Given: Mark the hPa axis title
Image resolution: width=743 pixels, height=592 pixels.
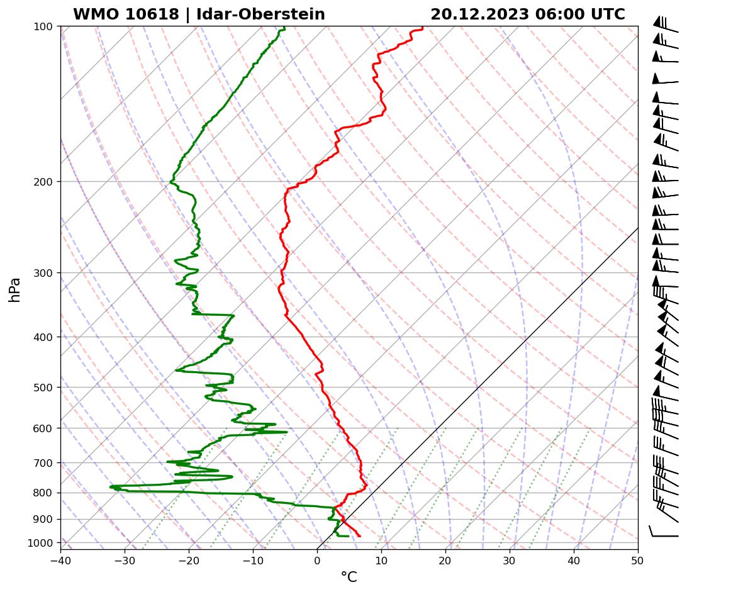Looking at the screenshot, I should click(x=15, y=289).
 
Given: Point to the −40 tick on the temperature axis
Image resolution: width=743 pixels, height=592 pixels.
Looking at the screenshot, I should click(x=60, y=559).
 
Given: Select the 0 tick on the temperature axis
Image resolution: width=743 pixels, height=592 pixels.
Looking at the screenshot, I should click(x=317, y=559).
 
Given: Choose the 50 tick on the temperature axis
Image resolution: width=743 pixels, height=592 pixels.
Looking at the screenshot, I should click(x=638, y=559).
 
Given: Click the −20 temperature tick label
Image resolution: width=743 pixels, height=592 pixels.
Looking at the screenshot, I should click(x=189, y=559).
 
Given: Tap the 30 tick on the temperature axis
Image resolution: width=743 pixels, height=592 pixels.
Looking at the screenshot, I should click(x=510, y=559).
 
